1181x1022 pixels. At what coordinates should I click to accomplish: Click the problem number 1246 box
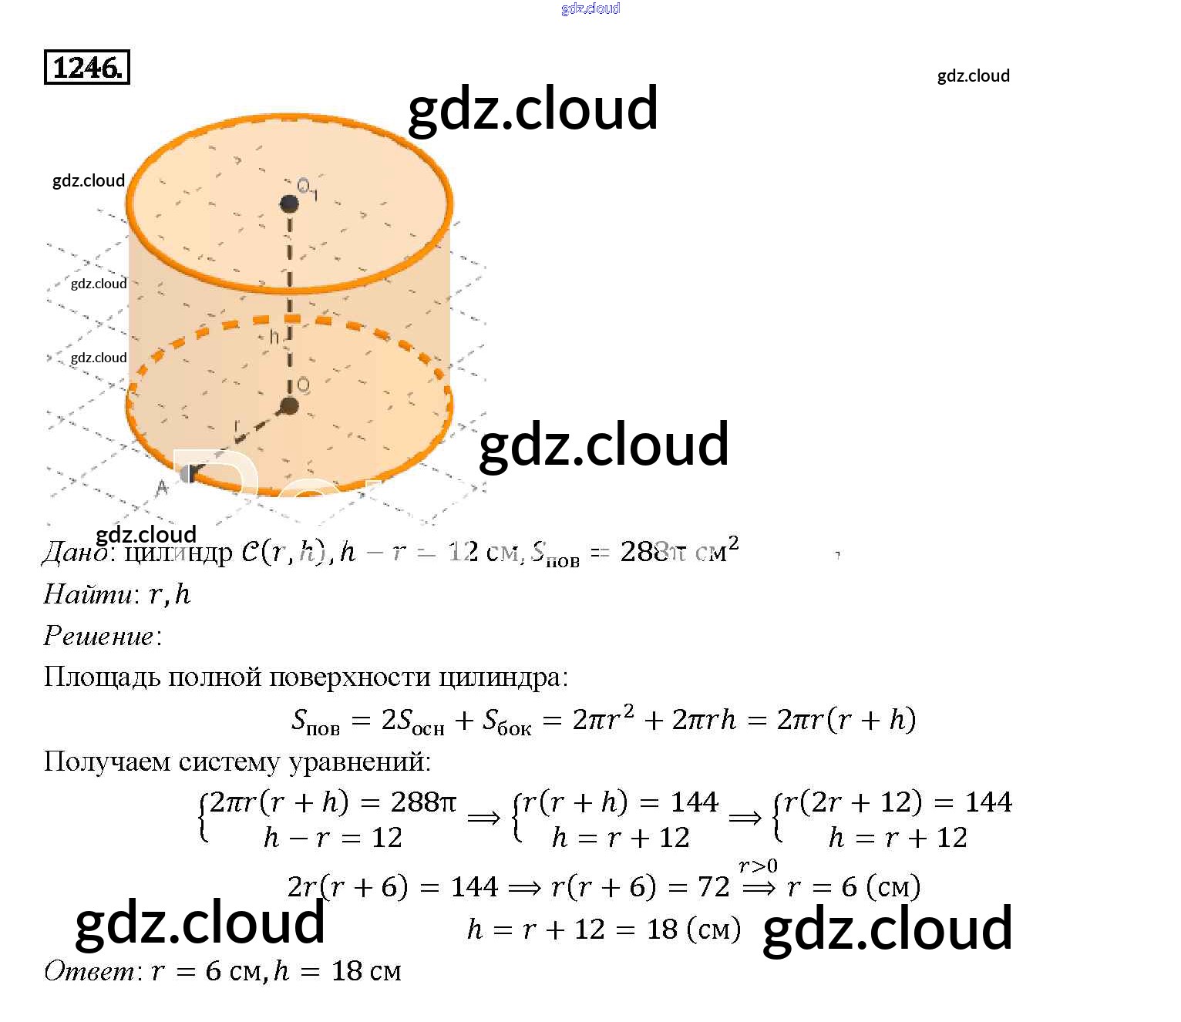point(86,67)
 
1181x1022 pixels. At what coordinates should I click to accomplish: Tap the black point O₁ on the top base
point(289,204)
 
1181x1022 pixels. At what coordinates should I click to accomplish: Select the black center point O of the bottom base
point(289,406)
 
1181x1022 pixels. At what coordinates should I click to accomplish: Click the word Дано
point(75,552)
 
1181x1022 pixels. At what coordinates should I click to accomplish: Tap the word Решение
point(99,636)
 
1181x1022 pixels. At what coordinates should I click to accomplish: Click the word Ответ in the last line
point(90,971)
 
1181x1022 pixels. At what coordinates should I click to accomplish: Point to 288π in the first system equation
point(423,802)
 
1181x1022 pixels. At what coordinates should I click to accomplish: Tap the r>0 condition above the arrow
point(758,866)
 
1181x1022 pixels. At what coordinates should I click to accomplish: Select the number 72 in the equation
point(713,887)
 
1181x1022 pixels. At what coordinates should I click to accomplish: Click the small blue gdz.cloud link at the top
point(590,8)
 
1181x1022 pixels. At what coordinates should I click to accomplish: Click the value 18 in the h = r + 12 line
point(662,930)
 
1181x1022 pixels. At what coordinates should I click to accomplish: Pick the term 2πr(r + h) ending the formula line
point(846,720)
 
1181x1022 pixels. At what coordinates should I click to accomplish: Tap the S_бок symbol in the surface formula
point(506,721)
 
